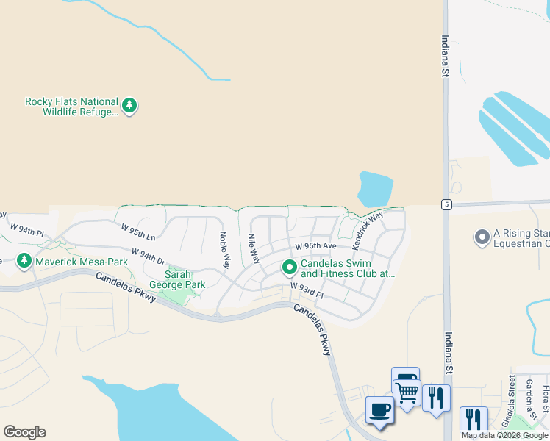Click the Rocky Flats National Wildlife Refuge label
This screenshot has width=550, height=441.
[71, 107]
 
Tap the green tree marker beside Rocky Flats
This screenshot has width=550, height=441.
[130, 106]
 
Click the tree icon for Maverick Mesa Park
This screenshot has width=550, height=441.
[24, 261]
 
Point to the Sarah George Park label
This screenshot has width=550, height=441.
[177, 279]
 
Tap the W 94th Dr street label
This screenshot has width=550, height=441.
[148, 257]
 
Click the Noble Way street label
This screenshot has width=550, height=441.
[225, 250]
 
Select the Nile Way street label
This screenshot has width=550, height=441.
[254, 249]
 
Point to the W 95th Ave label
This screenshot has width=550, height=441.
[315, 246]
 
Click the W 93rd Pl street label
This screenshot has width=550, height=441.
[307, 290]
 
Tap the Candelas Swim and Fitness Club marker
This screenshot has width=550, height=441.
[290, 268]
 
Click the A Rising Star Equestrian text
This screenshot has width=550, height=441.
[521, 238]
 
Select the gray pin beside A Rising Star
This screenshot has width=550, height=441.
[482, 237]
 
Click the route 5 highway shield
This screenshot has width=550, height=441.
[446, 204]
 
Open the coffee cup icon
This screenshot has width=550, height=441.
[379, 409]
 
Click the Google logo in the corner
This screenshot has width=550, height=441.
[24, 432]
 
